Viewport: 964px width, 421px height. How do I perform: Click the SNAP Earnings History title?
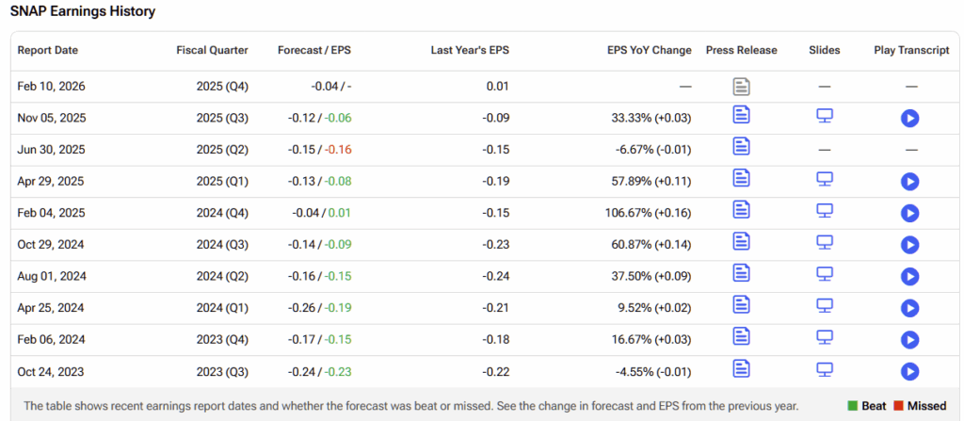coord(83,12)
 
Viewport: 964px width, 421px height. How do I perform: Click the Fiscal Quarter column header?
coord(212,50)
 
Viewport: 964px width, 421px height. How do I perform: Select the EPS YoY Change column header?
coord(650,50)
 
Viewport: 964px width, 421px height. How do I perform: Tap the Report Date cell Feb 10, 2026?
coord(51,86)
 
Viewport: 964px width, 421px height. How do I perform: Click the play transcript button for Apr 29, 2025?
coord(909,181)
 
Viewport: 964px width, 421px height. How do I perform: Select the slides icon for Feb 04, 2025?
coord(825,210)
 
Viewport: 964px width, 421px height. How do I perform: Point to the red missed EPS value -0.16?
coord(338,150)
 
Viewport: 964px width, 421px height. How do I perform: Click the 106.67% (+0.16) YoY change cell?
coord(649,213)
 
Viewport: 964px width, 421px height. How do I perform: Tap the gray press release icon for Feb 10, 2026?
coord(742,87)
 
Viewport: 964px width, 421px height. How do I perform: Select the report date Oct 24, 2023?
coord(51,371)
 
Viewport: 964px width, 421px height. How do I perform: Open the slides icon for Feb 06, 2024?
coord(825,336)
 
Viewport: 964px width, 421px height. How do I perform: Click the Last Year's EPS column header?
coord(469,50)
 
